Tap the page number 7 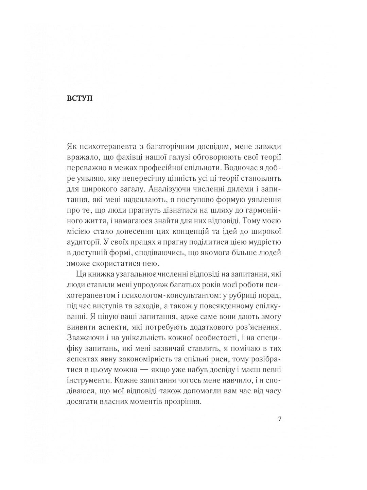[x=280, y=419]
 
